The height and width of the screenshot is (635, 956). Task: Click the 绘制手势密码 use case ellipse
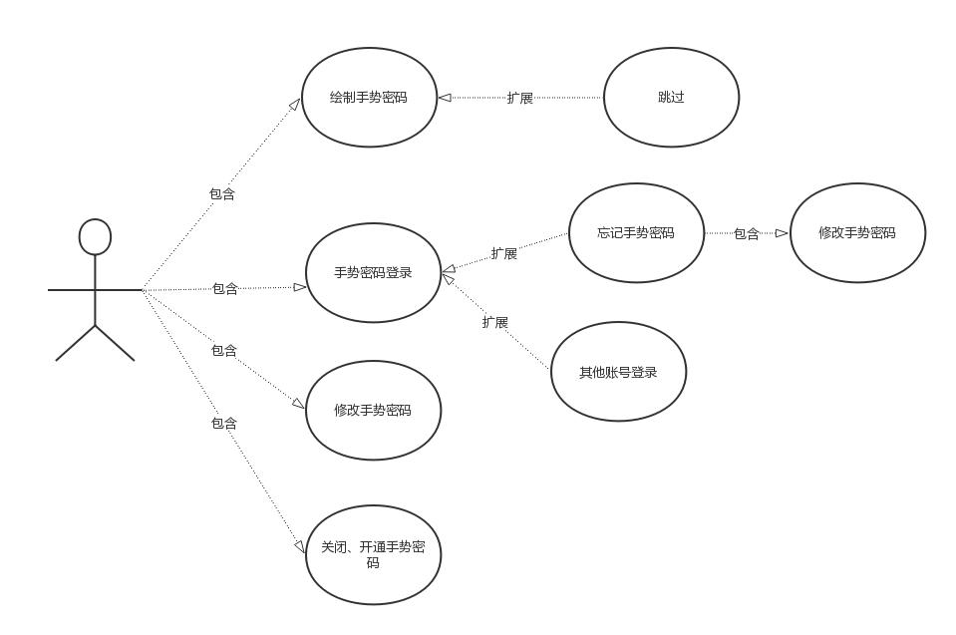pos(369,98)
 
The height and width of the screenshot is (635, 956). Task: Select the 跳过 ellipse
pos(671,98)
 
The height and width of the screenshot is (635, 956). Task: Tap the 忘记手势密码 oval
pos(636,233)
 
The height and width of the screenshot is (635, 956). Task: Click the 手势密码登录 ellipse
pos(373,273)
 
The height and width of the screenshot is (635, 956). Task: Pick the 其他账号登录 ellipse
pos(618,372)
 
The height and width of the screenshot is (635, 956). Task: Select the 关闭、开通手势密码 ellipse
pos(373,555)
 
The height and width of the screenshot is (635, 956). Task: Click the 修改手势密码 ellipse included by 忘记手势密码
pos(857,233)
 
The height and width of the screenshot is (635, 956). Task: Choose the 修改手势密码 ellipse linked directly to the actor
pos(373,411)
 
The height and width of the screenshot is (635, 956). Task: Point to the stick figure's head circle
pos(95,237)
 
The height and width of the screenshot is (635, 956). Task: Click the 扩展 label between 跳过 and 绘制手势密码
pos(520,98)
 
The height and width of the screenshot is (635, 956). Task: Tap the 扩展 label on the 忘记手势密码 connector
pos(504,253)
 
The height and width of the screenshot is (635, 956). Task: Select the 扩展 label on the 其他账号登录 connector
pos(495,322)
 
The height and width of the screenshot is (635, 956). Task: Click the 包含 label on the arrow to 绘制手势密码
pos(222,194)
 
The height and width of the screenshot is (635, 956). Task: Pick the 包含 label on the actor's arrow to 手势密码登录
pos(225,289)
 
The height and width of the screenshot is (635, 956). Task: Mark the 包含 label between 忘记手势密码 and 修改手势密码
pos(747,234)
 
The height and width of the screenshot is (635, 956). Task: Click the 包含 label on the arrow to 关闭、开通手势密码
pos(224,423)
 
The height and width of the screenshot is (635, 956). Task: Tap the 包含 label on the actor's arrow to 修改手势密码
pos(224,350)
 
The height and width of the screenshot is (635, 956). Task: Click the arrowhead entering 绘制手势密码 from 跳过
pos(445,98)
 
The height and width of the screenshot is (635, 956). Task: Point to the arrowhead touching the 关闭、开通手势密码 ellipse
pos(300,546)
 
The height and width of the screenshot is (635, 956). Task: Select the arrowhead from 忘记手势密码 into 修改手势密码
pos(783,233)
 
